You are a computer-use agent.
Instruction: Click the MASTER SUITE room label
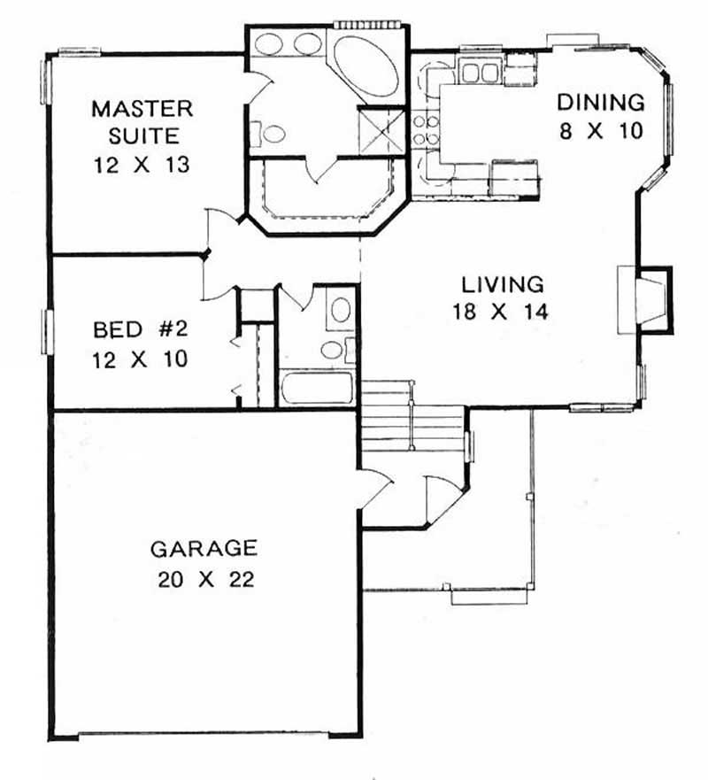click(x=142, y=123)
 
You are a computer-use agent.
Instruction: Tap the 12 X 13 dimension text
click(x=142, y=165)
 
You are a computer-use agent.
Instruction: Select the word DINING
click(x=598, y=102)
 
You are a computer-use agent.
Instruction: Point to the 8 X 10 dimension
click(x=598, y=131)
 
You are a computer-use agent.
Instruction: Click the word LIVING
click(x=503, y=285)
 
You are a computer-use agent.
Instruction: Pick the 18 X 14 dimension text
click(x=503, y=312)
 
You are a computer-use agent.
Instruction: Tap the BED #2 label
click(x=142, y=331)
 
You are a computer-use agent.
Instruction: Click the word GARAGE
click(x=204, y=549)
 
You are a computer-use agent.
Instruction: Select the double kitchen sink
click(x=479, y=73)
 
